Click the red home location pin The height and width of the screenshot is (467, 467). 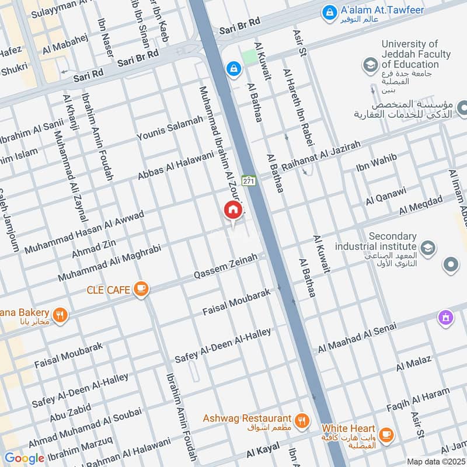click(x=232, y=210)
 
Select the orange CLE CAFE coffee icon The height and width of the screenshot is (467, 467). click(x=141, y=288)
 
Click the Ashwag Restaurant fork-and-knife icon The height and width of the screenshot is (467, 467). click(x=301, y=419)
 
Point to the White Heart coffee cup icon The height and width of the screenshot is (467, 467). click(x=385, y=435)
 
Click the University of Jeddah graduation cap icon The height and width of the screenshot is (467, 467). click(x=369, y=65)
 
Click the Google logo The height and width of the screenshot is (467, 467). click(x=24, y=458)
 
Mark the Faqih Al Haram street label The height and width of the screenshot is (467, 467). click(x=418, y=399)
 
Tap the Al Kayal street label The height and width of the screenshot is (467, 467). click(x=260, y=452)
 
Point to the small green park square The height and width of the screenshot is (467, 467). click(x=249, y=57)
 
